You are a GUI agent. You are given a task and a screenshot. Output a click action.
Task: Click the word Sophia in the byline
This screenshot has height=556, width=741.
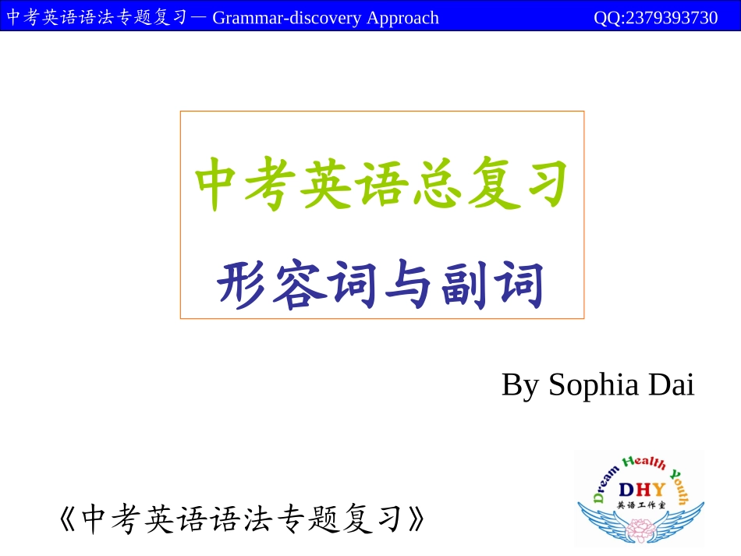click(592, 385)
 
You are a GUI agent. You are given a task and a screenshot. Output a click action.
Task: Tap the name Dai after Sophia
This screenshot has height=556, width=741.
click(671, 384)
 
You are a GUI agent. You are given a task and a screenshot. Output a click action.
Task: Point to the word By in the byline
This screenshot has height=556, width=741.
click(519, 385)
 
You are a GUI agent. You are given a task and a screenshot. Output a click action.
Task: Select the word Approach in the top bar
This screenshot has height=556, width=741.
click(402, 17)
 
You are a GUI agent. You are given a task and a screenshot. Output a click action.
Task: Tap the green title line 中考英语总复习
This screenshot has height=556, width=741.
click(381, 186)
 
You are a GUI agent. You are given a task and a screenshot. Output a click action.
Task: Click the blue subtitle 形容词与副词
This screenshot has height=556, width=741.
click(381, 285)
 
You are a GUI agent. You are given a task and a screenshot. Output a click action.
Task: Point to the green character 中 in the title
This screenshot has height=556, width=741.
click(219, 186)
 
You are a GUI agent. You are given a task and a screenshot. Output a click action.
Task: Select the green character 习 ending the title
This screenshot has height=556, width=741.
click(543, 186)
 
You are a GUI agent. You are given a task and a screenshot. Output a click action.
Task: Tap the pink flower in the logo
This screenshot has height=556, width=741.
click(640, 529)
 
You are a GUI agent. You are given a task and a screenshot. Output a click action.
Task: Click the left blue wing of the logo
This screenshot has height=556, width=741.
click(604, 519)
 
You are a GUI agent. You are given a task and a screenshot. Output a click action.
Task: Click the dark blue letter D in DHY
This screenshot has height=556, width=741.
click(626, 490)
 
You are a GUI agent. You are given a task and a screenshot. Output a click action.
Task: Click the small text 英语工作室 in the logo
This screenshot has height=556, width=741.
click(640, 505)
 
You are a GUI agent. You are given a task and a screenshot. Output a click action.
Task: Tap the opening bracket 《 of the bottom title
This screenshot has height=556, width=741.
click(69, 519)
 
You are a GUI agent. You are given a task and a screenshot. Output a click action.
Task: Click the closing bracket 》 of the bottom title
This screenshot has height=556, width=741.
click(418, 519)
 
